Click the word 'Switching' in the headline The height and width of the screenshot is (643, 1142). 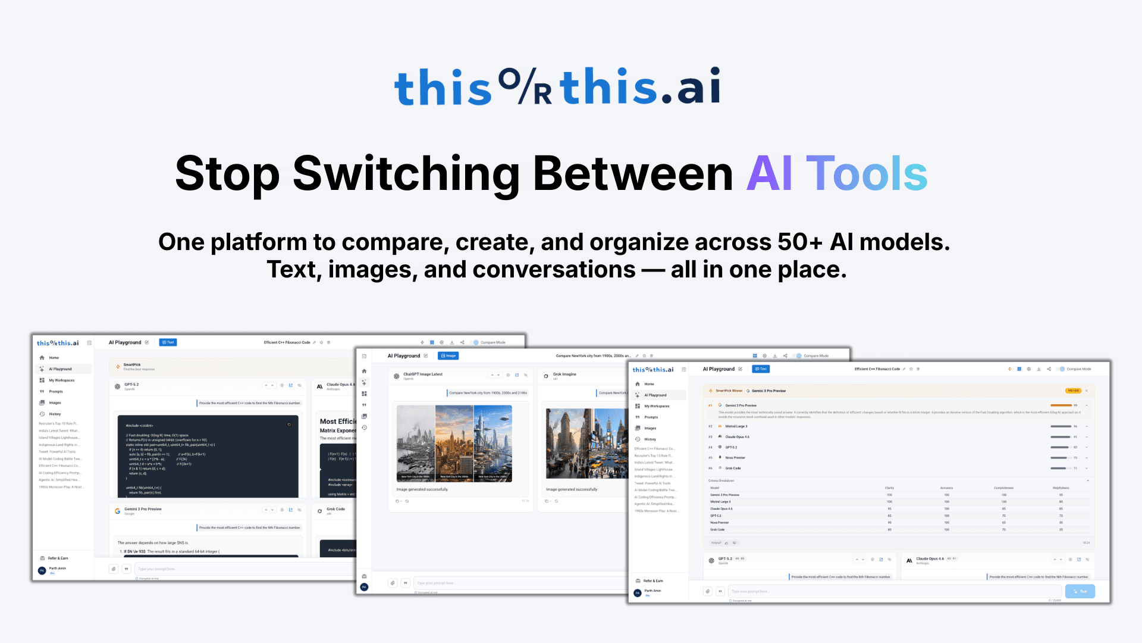coord(406,174)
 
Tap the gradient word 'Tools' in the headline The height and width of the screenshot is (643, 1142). coord(867,174)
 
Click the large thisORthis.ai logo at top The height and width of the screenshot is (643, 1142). coord(557,86)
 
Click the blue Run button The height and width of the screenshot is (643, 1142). coord(1080,591)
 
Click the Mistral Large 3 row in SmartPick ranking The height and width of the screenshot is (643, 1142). coord(736,426)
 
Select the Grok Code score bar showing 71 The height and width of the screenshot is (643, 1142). coord(1060,469)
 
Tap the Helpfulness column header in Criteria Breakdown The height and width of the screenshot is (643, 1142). coord(1061,488)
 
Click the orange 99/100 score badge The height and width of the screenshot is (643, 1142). coord(1072,391)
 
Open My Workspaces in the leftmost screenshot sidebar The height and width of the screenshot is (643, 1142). coord(61,380)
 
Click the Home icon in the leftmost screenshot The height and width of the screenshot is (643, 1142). coord(42,358)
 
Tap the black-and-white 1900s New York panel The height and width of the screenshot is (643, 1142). coord(416,443)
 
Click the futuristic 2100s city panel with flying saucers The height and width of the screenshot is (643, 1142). coord(492,443)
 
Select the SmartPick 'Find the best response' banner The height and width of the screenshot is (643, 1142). coord(139,367)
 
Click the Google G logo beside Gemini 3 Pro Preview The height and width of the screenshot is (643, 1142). coord(117,511)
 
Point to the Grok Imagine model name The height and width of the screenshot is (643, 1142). coord(564,374)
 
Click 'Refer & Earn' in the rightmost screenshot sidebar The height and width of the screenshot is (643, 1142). coord(653,581)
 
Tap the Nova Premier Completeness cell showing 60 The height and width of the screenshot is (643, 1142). coord(1003,523)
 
